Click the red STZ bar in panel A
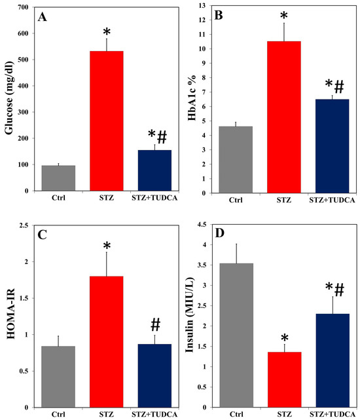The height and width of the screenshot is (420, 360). (x=107, y=121)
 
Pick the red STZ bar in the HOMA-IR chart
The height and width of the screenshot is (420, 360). (x=107, y=341)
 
